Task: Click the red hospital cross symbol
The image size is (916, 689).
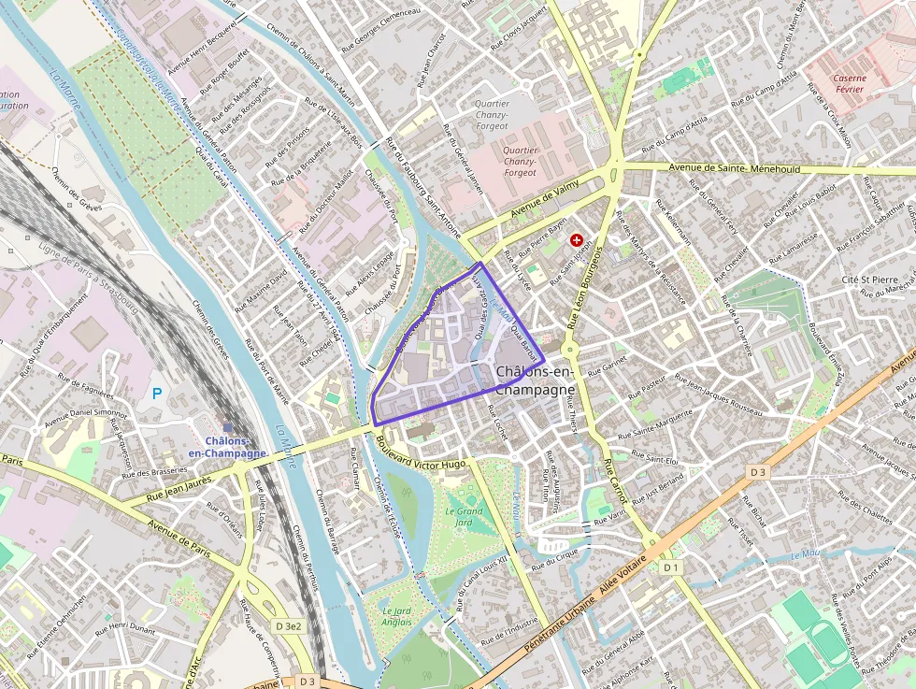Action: click(x=576, y=240)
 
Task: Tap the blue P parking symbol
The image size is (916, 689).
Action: click(x=157, y=394)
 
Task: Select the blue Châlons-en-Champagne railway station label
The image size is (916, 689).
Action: click(x=227, y=447)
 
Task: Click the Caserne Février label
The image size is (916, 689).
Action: click(x=849, y=85)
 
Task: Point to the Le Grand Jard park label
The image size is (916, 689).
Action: click(x=465, y=517)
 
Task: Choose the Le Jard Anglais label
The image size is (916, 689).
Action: click(x=396, y=616)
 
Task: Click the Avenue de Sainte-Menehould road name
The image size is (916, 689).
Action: click(x=737, y=168)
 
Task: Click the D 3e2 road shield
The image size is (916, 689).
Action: click(x=289, y=625)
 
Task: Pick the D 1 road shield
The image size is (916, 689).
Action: click(x=670, y=567)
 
